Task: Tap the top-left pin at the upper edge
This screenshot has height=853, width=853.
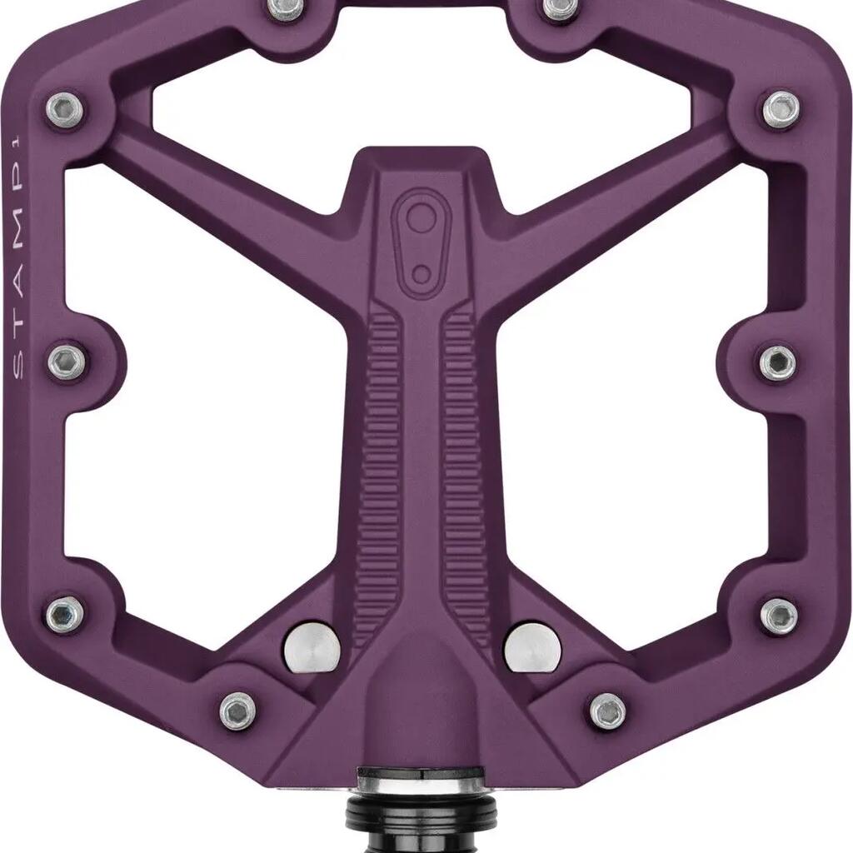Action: click(x=285, y=7)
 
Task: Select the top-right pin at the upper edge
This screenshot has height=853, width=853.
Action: click(x=560, y=7)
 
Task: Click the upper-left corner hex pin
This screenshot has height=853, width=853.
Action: click(x=65, y=109)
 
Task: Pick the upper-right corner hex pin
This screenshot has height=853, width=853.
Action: click(x=781, y=109)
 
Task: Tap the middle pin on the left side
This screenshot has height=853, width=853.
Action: click(x=67, y=362)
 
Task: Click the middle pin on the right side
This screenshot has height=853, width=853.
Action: click(x=778, y=362)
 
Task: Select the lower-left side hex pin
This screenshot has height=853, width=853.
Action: click(x=65, y=614)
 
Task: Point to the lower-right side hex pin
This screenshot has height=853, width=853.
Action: click(x=779, y=616)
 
